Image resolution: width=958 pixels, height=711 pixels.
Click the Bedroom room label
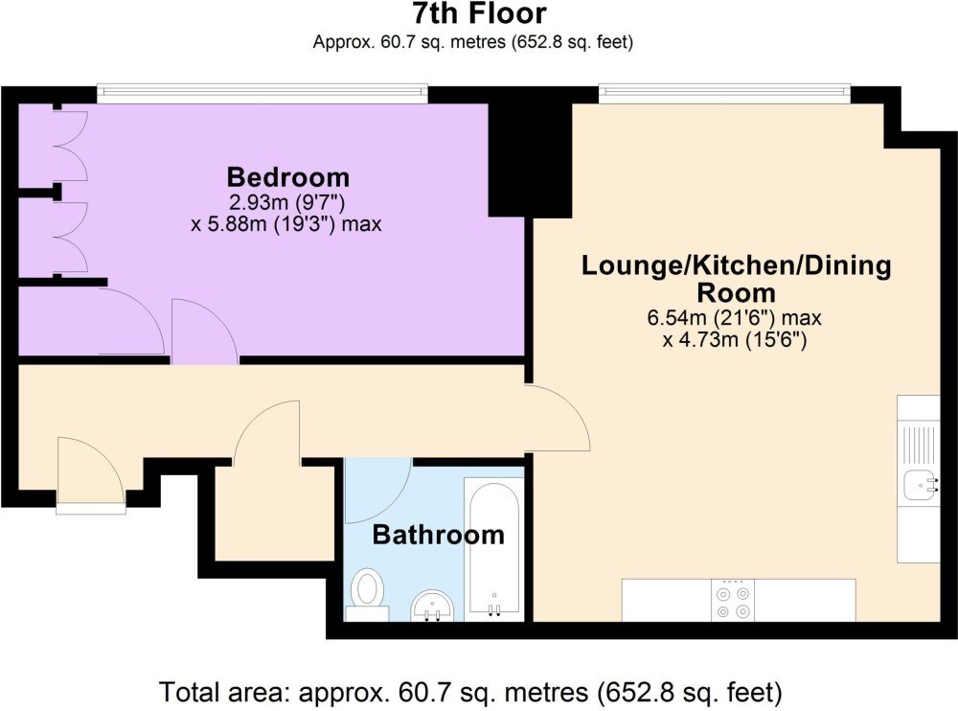point(288,177)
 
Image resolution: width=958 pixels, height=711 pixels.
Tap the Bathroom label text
point(438,535)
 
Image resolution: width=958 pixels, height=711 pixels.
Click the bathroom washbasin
point(432,607)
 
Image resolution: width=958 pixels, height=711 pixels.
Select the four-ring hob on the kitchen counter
point(733,601)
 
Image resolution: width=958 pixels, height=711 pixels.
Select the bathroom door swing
point(378,490)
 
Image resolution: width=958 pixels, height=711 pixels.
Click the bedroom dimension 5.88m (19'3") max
point(286,224)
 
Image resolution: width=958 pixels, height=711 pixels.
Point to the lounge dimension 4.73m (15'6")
point(735,339)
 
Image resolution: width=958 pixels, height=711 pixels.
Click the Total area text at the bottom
point(470,693)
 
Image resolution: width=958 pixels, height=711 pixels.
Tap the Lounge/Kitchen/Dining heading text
point(736,265)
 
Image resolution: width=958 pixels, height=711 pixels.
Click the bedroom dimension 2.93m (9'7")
point(286,202)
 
